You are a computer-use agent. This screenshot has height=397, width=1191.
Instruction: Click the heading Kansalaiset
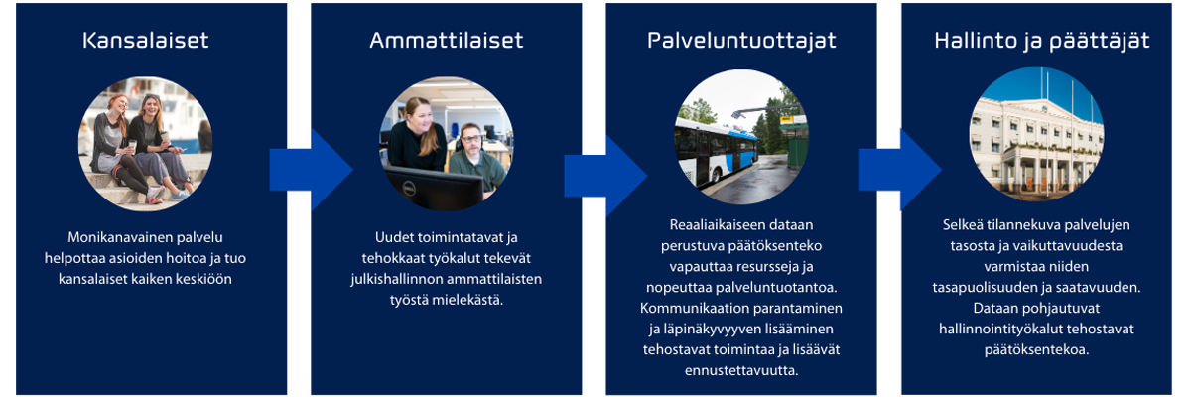coord(145,41)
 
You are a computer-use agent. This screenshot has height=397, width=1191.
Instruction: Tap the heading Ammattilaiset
coord(446,41)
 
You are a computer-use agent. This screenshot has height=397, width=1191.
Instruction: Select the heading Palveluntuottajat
coord(741,41)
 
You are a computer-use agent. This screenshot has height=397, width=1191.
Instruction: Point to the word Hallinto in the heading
coord(976,41)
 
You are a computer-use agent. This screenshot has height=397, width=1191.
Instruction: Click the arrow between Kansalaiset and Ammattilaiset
coord(311,170)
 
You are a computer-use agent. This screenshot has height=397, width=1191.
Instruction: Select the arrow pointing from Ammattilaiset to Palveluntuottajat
coord(605,176)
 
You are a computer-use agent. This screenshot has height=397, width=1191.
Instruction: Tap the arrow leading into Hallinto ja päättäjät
coord(899,170)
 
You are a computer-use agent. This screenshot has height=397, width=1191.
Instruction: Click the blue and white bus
coord(715,151)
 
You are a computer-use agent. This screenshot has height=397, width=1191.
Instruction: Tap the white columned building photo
coord(1036,134)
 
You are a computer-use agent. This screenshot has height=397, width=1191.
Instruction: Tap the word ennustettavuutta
coord(741,370)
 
